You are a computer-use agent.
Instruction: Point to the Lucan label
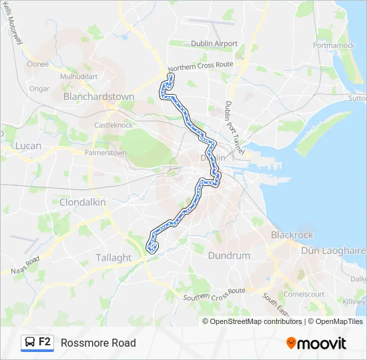point(28,145)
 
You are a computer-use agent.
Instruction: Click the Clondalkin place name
point(83,201)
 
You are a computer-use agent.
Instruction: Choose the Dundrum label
point(229,255)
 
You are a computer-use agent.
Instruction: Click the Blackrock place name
point(292,235)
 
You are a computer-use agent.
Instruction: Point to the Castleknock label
point(113,125)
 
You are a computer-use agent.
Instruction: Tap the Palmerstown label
point(105,153)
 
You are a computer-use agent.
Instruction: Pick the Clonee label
point(38,64)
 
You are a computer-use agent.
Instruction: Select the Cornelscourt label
point(304,293)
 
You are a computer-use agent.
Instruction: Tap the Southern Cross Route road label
point(214,294)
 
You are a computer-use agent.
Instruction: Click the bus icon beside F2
point(30,343)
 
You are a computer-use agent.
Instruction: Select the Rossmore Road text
point(98,343)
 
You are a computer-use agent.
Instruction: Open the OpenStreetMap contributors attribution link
point(252,321)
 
